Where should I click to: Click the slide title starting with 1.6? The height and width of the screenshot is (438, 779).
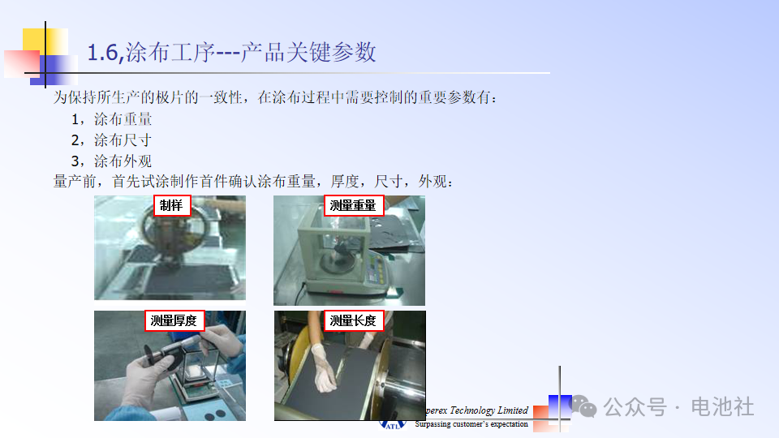pos(231,52)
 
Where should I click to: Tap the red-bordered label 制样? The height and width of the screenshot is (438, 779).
pos(172,205)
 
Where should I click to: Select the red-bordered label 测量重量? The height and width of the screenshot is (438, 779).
pos(353,205)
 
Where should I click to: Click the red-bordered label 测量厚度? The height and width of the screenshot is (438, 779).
pos(174,320)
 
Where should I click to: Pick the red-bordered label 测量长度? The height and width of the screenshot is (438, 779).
pos(353,320)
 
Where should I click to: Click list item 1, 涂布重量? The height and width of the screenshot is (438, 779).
pos(112,119)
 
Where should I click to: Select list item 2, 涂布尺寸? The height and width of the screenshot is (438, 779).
pos(112,140)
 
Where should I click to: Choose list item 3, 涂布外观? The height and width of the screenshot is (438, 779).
pos(112,161)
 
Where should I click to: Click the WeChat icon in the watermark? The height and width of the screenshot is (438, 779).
pos(584,406)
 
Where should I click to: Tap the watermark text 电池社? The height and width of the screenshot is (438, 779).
pos(722,406)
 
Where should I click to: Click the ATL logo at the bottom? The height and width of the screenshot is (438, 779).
pos(393,425)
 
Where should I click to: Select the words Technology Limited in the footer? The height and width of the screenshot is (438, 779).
pos(488,410)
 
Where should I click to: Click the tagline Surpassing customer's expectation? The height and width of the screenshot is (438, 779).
pos(471,424)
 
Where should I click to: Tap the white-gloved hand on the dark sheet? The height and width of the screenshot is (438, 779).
pos(324,368)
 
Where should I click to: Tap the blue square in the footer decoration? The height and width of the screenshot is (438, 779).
pos(560,406)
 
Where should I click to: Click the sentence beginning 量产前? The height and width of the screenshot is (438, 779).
pos(253,181)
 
